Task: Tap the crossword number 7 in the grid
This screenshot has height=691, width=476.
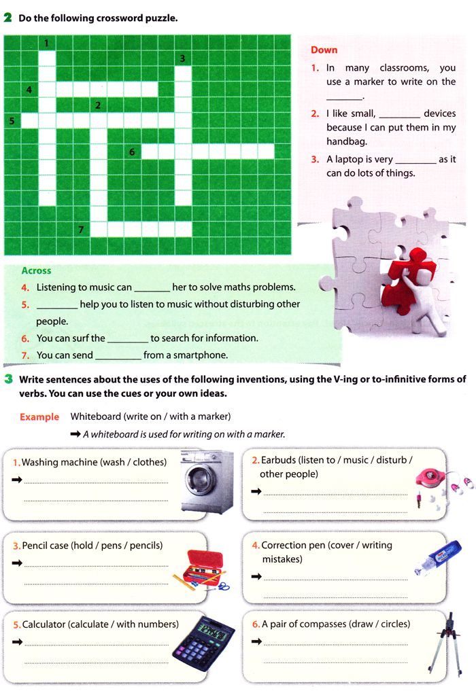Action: (x=81, y=230)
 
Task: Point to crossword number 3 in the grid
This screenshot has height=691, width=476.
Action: (x=182, y=59)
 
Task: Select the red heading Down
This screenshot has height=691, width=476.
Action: (x=324, y=50)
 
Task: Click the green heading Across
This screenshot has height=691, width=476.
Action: (x=36, y=270)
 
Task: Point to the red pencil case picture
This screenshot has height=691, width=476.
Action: (x=205, y=567)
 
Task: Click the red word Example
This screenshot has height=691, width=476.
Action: (x=39, y=417)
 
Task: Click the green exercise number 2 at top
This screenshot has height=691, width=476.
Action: (x=8, y=18)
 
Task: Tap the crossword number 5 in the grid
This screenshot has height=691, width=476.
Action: (x=12, y=121)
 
